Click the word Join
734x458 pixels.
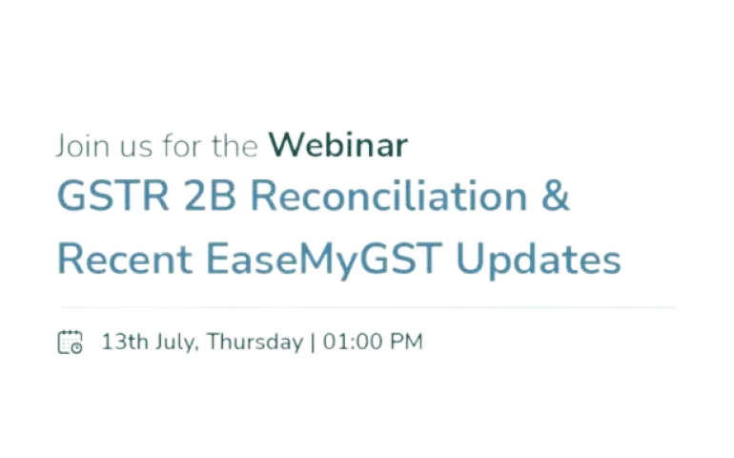[x=83, y=146]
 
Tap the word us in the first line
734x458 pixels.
[x=136, y=148]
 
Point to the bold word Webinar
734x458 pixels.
[x=338, y=145]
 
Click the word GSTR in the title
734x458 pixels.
[x=112, y=196]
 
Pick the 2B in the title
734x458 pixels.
[x=210, y=196]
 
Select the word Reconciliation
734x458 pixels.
[x=390, y=196]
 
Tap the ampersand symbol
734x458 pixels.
[x=556, y=196]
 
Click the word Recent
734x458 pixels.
[x=125, y=259]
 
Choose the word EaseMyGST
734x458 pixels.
[x=324, y=260]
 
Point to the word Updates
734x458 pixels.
[x=539, y=260]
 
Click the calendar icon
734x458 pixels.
[x=71, y=342]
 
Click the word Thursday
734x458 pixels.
[x=255, y=343]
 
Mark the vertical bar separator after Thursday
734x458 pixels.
[x=313, y=343]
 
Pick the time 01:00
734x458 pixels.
[x=353, y=342]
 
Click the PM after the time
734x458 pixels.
[x=406, y=342]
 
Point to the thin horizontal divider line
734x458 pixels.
[x=368, y=307]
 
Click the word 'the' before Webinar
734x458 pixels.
[x=234, y=146]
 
